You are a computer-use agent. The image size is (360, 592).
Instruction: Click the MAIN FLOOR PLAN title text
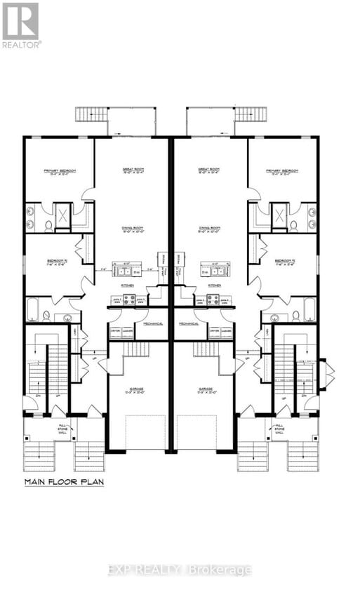coord(64,482)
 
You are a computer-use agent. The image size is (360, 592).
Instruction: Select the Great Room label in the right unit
coord(209,170)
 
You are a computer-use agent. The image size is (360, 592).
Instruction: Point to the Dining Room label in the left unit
coord(131,229)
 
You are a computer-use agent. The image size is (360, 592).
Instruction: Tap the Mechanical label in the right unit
coord(188,324)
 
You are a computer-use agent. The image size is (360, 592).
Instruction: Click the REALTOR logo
coord(21,24)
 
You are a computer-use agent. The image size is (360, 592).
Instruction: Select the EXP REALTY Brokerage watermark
coord(180,570)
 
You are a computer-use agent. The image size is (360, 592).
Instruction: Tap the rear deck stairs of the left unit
coord(91,114)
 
